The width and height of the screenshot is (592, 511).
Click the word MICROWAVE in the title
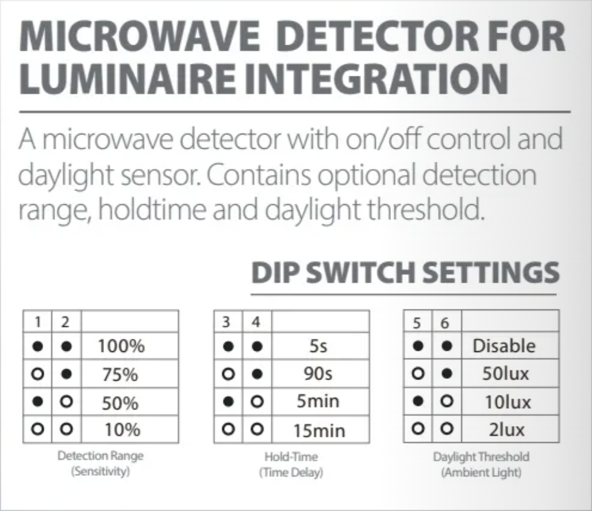[x=139, y=37]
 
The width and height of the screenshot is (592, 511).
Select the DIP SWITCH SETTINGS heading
[x=405, y=272]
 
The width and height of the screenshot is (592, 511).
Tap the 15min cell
[x=320, y=430]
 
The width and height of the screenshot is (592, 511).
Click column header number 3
[x=226, y=322]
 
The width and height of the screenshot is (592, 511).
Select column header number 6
[x=445, y=323]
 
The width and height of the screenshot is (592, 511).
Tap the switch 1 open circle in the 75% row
[x=38, y=374]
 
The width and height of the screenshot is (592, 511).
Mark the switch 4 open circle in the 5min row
[x=257, y=402]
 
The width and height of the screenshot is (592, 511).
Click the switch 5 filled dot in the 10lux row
[x=418, y=401]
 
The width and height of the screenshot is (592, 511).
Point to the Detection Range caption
[x=101, y=456]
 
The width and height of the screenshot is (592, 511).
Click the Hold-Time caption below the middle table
[x=291, y=456]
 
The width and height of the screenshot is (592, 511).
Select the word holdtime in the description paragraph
[x=152, y=210]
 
